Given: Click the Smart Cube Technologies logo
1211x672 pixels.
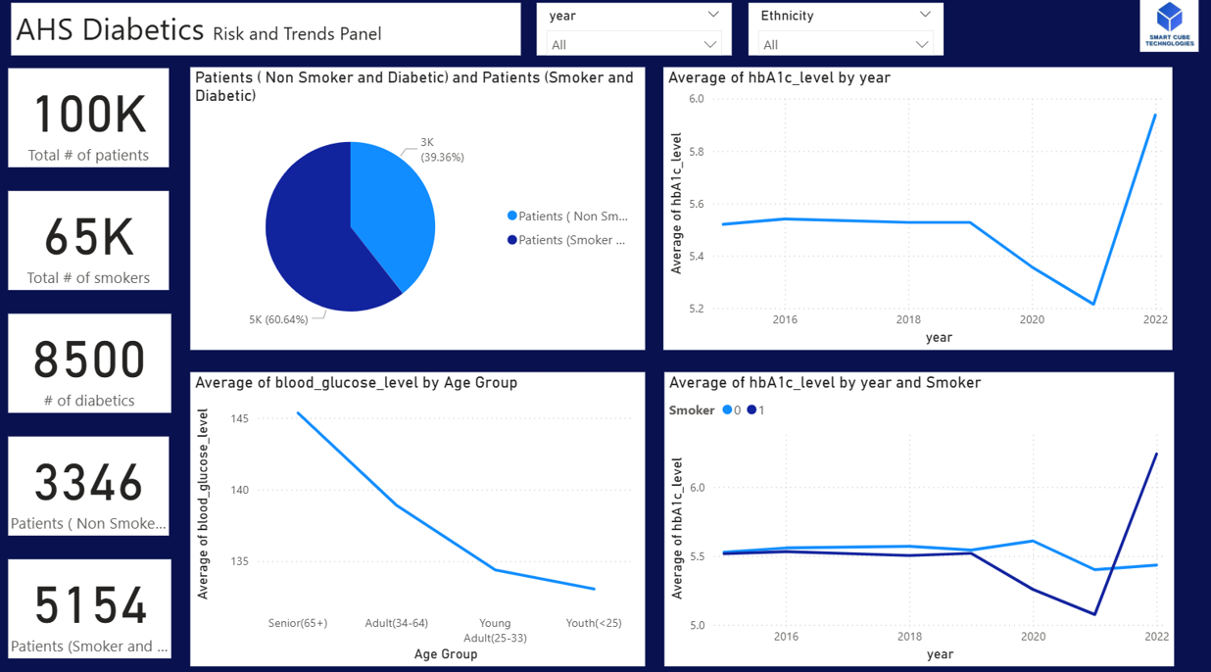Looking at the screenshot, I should point(1169,25).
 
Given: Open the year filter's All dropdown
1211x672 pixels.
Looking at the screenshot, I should point(634,44).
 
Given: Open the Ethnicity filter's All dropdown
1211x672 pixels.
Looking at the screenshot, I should point(846,44).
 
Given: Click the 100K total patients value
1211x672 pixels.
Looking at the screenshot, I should point(89,115).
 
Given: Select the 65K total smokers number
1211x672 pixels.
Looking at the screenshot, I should point(89,237).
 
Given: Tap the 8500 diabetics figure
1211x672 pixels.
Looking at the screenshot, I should point(89,360).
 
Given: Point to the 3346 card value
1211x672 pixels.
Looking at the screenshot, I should point(89,482).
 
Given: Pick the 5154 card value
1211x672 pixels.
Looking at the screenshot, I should point(89,604).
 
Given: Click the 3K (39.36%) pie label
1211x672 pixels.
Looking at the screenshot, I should point(442,150).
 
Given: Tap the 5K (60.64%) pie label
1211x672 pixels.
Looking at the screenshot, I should point(278,319).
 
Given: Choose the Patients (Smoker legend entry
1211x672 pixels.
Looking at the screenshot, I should point(567,240).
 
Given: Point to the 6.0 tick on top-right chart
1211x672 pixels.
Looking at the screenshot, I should point(696,99).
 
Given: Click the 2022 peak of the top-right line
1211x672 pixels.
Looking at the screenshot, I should point(1155,116).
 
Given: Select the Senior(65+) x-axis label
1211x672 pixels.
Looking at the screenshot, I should point(298,623).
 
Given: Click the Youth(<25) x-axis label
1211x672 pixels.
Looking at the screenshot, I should point(594,623).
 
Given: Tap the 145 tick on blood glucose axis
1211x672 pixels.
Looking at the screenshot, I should point(239,419).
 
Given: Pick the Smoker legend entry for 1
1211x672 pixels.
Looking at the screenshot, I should point(755,410).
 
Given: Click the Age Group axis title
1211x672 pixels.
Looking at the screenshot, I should point(446,653).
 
